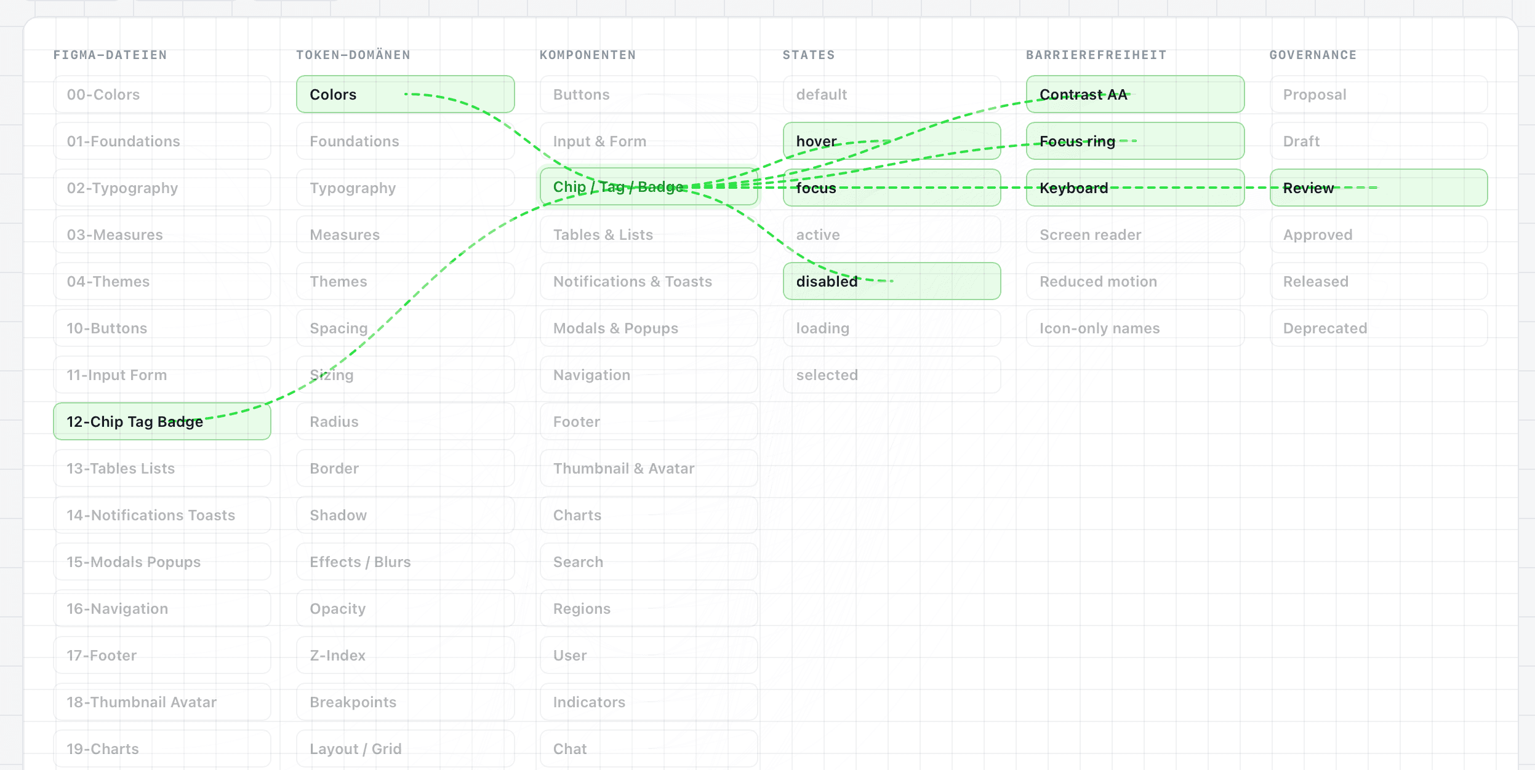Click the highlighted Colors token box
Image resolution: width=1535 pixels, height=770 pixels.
tap(405, 94)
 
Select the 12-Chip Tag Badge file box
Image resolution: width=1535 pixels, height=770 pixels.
tap(162, 421)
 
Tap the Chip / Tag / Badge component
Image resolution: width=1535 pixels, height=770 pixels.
tap(649, 187)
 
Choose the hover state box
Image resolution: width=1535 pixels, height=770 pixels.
tap(892, 141)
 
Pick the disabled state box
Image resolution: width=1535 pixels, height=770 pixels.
tap(892, 281)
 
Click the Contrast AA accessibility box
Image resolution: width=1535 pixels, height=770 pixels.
tap(1135, 94)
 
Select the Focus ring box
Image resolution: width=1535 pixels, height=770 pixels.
tap(1135, 141)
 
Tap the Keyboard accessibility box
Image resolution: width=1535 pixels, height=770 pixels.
tap(1135, 188)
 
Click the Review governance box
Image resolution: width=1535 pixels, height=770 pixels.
tap(1379, 188)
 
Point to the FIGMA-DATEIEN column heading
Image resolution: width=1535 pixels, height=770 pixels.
tap(110, 55)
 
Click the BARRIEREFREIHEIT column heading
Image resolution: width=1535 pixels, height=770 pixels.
tap(1096, 55)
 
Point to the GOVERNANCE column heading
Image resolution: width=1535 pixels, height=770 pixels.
tap(1313, 55)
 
